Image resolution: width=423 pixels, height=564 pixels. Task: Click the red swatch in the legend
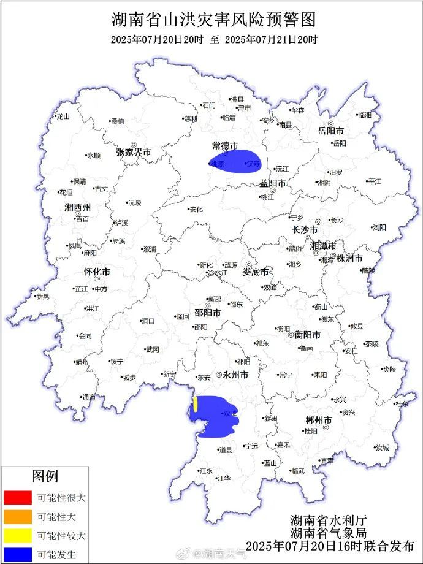coord(17,497)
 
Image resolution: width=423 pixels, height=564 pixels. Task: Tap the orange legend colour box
coord(17,516)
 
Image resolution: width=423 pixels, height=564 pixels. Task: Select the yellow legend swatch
coord(17,535)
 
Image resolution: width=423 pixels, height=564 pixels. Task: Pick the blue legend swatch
coord(17,554)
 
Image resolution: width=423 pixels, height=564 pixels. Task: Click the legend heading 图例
coord(45,476)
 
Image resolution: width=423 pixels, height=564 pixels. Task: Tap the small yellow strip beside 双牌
coord(195,404)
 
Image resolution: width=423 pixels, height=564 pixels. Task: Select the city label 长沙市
coord(305,229)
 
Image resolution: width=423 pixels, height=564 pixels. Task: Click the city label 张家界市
coord(134,151)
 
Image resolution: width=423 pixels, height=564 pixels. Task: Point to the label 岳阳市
coord(331,131)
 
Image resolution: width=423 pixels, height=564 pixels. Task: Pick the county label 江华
coord(223,478)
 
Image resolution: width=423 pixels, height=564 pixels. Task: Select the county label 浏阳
coord(379,227)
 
